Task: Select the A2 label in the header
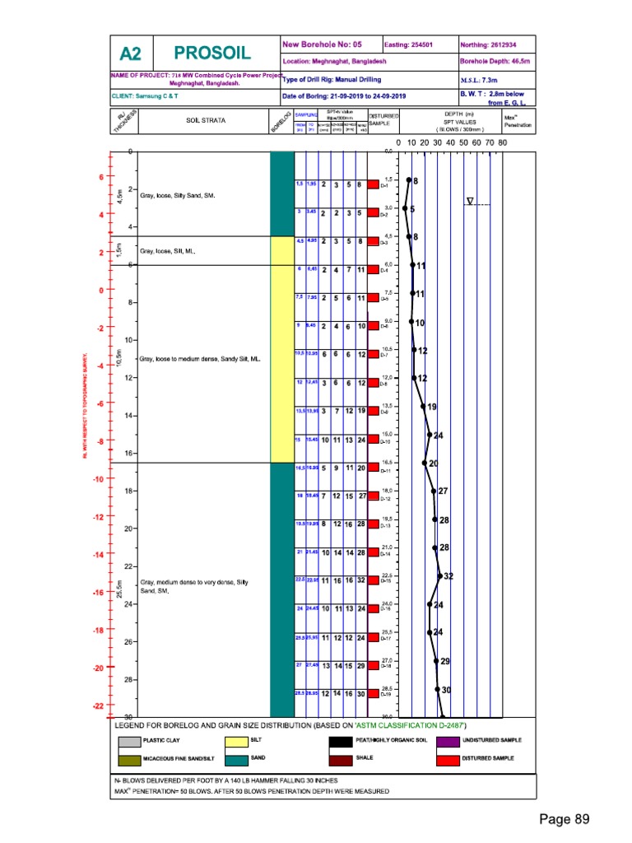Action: click(x=131, y=54)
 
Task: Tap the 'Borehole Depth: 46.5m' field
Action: click(x=496, y=61)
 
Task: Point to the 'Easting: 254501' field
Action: click(x=409, y=44)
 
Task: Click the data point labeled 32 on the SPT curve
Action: click(x=439, y=576)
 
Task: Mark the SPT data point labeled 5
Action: click(x=405, y=209)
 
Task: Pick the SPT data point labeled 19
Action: click(x=423, y=407)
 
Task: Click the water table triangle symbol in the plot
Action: click(x=470, y=201)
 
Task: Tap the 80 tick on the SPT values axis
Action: click(x=503, y=142)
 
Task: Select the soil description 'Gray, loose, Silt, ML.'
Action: click(x=168, y=250)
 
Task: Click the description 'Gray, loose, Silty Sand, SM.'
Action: click(x=178, y=196)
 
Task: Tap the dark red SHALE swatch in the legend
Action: click(x=341, y=757)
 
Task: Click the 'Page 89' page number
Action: click(x=565, y=819)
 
